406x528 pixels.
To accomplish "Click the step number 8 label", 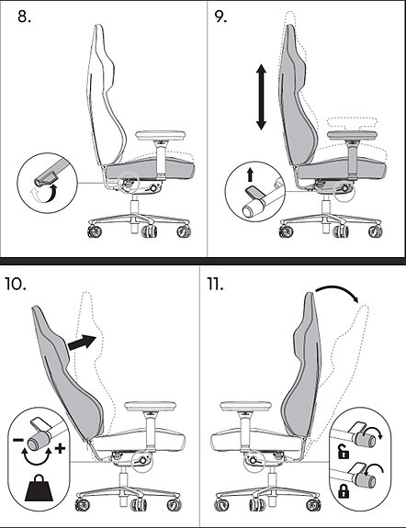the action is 24,17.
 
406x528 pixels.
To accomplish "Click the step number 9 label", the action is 220,17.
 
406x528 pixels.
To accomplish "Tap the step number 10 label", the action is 16,285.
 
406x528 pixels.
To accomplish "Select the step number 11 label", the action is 215,285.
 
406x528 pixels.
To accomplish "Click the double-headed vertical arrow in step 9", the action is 261,97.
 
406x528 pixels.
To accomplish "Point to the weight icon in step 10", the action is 39,489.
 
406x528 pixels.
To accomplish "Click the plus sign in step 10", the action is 60,448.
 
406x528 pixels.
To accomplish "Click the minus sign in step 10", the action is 17,440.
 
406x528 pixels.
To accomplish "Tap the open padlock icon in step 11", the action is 344,452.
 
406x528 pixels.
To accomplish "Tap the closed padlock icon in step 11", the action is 344,491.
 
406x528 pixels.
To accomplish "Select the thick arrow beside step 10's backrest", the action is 82,343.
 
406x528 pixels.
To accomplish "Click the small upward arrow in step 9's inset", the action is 250,175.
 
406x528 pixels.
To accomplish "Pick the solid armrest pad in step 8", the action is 161,135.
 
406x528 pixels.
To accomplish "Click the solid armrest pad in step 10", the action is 151,406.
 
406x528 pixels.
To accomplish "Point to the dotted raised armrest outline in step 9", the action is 352,122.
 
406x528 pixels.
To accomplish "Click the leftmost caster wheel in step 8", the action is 94,232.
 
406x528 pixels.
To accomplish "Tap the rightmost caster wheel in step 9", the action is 375,231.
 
